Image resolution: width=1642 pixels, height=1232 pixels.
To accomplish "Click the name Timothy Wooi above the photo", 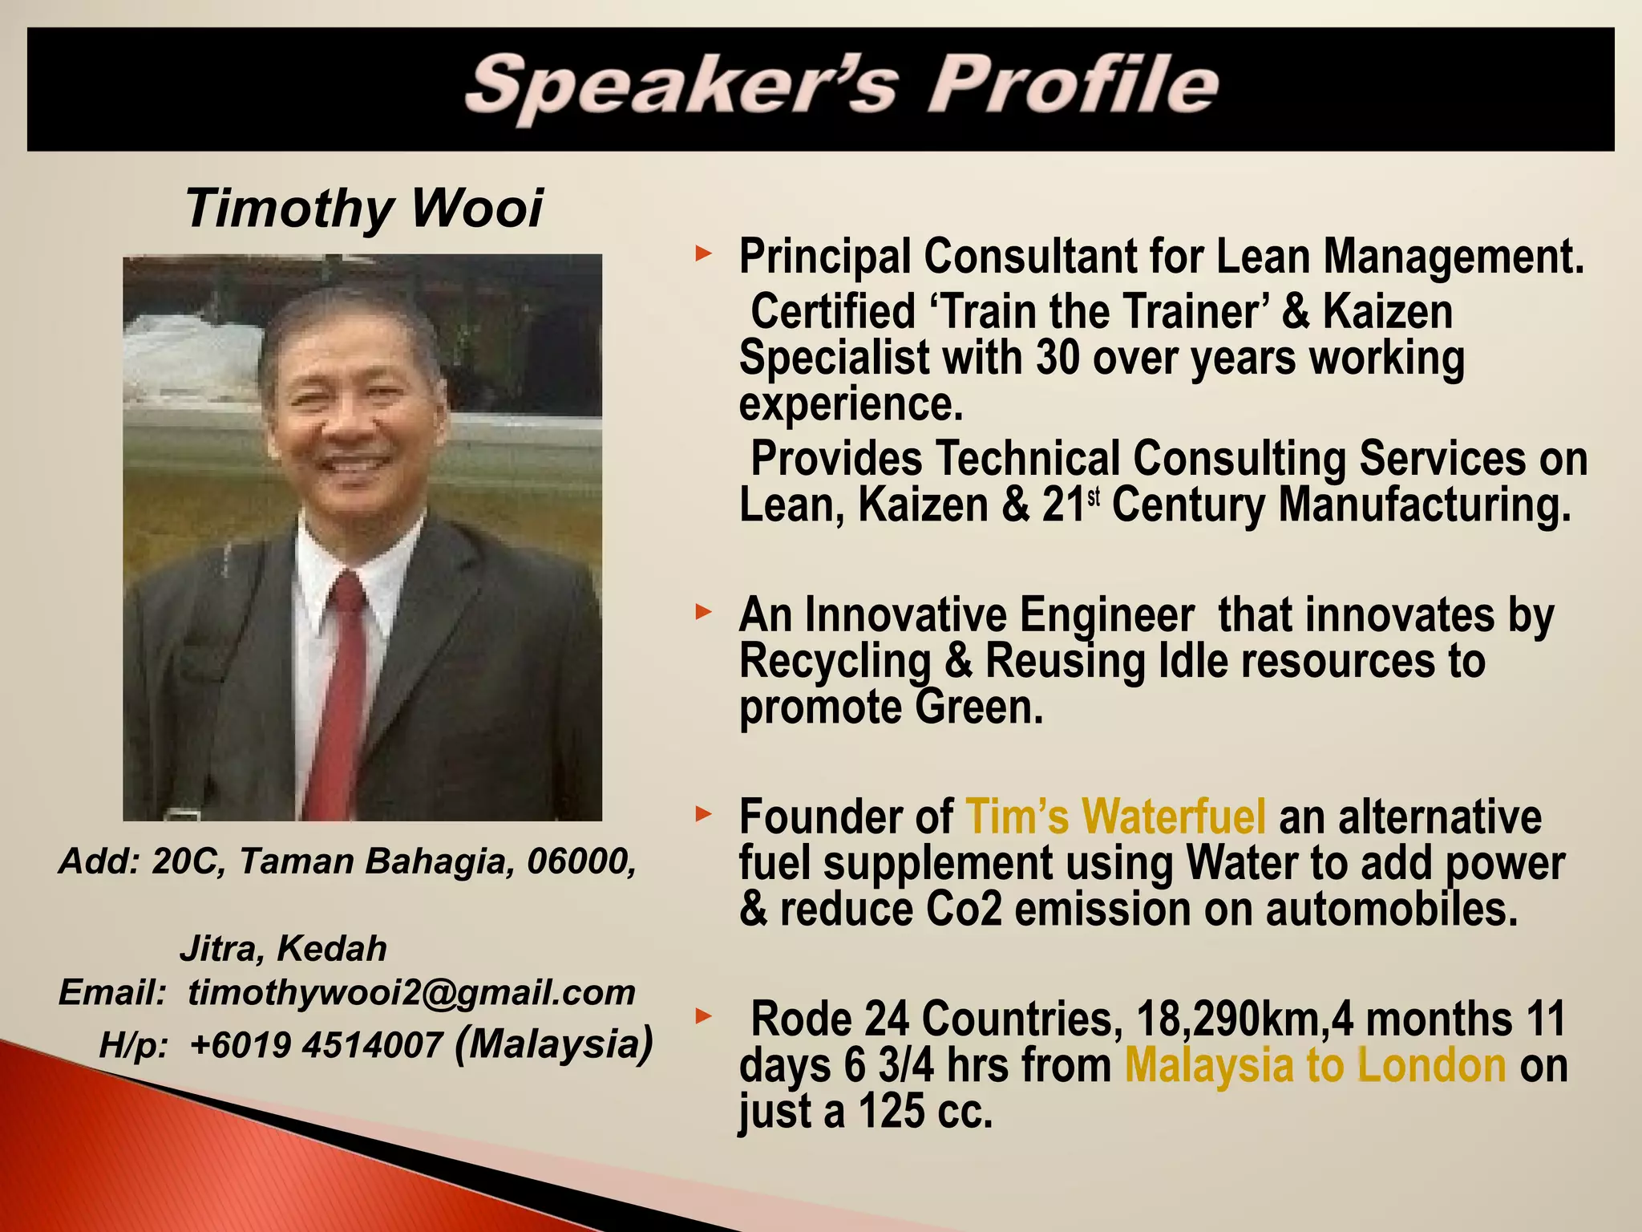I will pyautogui.click(x=364, y=209).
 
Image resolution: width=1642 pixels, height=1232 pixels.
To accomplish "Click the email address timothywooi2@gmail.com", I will pyautogui.click(x=411, y=993).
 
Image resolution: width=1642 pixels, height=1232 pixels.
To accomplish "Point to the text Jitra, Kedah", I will pyautogui.click(x=283, y=949).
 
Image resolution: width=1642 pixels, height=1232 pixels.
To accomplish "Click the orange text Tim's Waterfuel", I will pyautogui.click(x=1115, y=817).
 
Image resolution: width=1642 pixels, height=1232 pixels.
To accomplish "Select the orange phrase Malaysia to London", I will pyautogui.click(x=1315, y=1065).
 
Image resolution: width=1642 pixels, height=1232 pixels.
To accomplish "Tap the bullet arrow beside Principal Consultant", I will pyautogui.click(x=703, y=255).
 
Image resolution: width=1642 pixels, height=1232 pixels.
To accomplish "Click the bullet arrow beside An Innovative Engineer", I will pyautogui.click(x=703, y=614).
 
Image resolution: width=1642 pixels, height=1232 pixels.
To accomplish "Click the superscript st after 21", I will pyautogui.click(x=1093, y=497).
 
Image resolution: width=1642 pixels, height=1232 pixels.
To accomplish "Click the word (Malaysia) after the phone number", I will pyautogui.click(x=553, y=1043).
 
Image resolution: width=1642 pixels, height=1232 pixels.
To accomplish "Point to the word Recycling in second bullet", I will pyautogui.click(x=835, y=662).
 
